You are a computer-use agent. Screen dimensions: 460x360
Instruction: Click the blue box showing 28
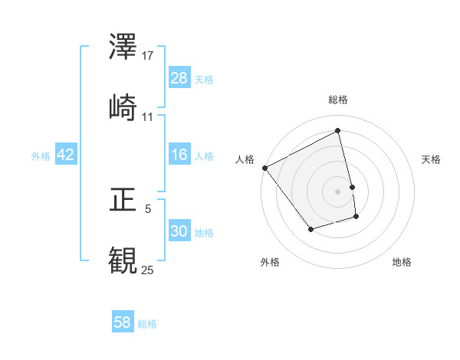[179, 77]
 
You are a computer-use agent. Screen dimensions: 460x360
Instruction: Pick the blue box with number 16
[179, 155]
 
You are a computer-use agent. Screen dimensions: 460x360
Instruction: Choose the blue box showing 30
[179, 231]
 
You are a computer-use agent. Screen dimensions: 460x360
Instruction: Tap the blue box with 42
[66, 155]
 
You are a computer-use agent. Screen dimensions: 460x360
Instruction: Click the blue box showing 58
[123, 322]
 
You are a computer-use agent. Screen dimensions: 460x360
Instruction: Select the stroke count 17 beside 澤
[149, 56]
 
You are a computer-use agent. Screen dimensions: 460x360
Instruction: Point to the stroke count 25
[147, 270]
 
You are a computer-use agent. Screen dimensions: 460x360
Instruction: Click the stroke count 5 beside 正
[148, 207]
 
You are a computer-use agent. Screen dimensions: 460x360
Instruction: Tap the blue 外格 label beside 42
[41, 155]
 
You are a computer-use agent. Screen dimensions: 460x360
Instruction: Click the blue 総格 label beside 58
[147, 323]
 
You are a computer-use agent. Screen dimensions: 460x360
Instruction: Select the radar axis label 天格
[432, 159]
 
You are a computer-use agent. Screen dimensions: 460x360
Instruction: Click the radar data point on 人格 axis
[264, 168]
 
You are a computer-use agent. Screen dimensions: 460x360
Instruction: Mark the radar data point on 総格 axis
[338, 131]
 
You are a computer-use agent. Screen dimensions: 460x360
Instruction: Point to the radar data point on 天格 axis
[352, 186]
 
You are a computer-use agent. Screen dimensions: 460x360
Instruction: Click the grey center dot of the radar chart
[338, 191]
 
